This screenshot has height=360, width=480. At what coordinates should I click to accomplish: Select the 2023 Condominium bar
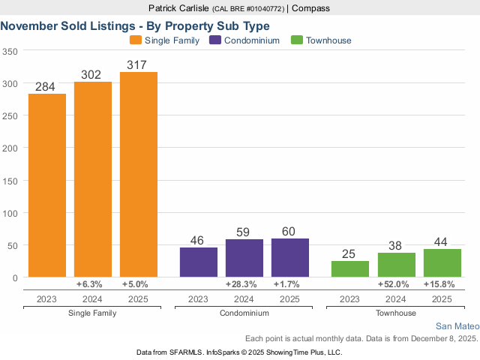tap(199, 262)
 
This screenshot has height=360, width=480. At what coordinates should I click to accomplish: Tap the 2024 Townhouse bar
tap(396, 265)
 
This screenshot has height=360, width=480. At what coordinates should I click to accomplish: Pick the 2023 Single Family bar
tap(47, 185)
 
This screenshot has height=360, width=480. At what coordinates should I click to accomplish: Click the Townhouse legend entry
tap(322, 40)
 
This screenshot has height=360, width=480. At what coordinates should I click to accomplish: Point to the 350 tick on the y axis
tap(10, 51)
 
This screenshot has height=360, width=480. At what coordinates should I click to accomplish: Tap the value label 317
tap(139, 65)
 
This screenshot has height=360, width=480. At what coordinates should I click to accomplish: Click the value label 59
tap(244, 232)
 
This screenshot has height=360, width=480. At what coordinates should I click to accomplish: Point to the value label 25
tap(350, 254)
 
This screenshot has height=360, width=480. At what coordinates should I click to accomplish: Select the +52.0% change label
tap(396, 285)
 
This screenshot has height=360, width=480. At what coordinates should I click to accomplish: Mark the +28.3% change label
tap(244, 285)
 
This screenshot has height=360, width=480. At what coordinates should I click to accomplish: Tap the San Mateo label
tap(456, 327)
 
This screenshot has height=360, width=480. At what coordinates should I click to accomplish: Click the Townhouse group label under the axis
tap(396, 312)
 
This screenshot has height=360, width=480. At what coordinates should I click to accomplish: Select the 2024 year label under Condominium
tap(244, 299)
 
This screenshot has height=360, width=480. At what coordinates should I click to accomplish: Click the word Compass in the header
tap(310, 8)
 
